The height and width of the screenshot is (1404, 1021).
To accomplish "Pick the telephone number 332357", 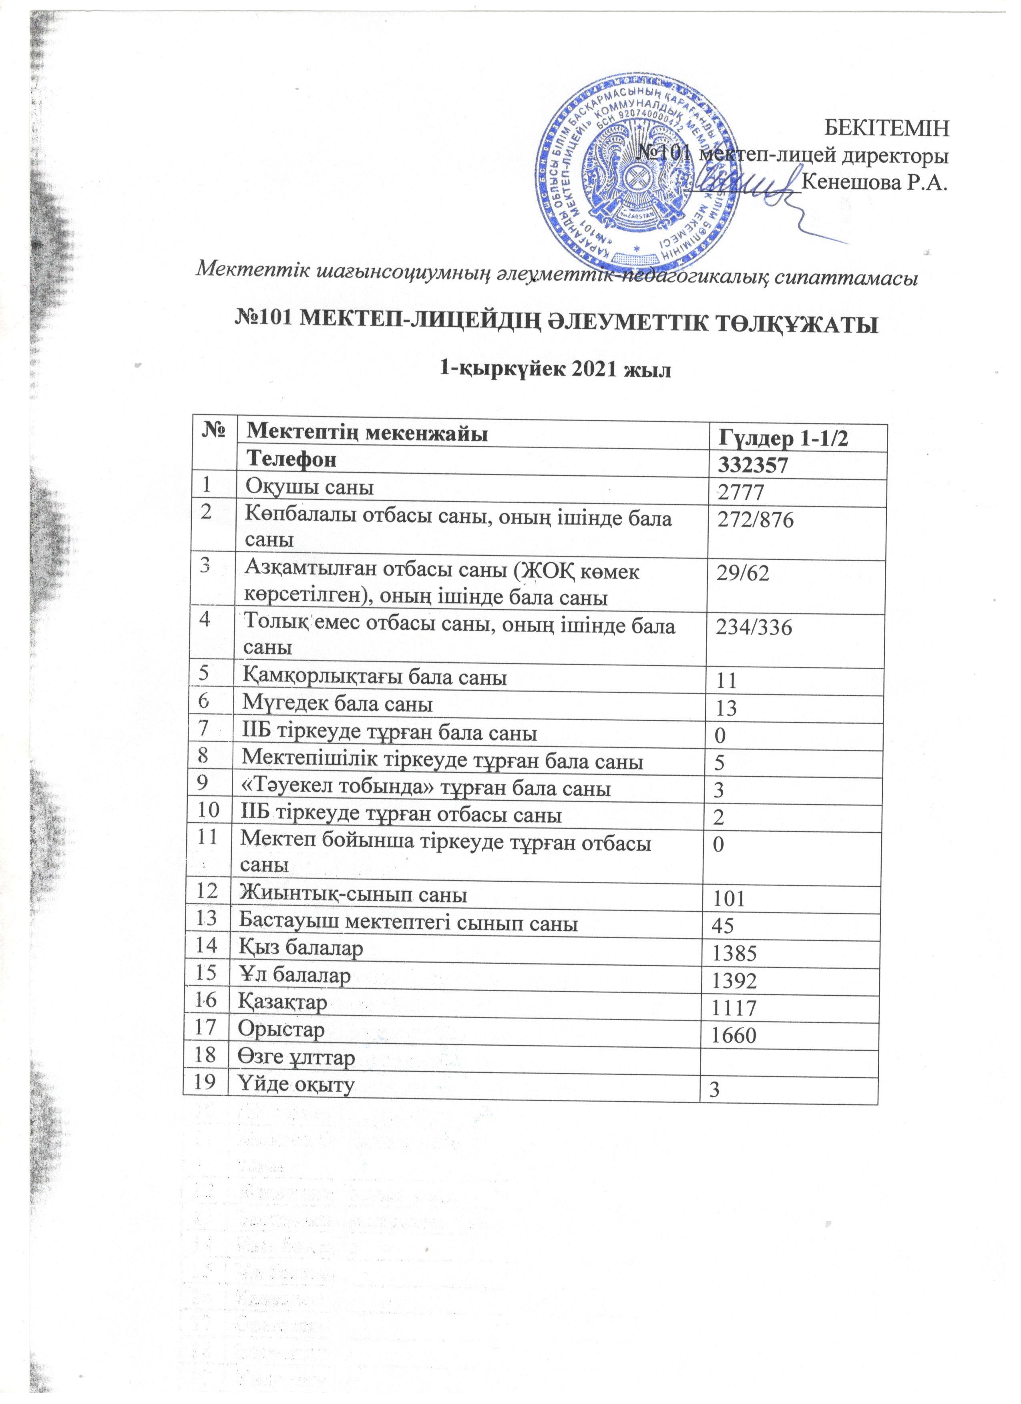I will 751,466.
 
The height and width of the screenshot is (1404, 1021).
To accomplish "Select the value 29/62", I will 743,574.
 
